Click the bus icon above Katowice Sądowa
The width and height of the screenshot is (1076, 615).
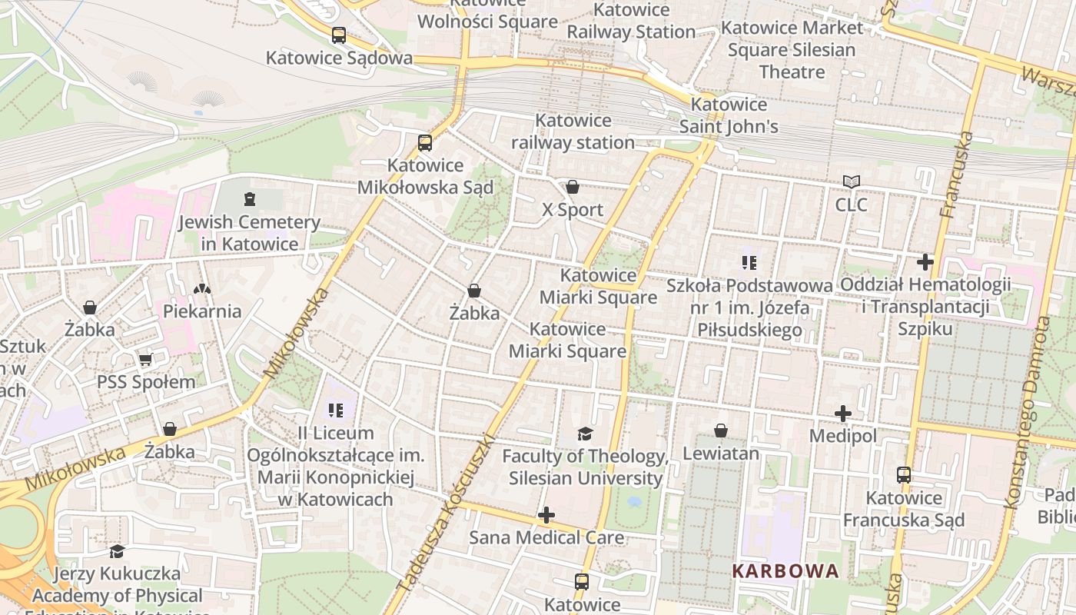pyautogui.click(x=339, y=35)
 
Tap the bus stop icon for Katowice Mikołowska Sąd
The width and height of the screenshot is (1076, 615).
pyautogui.click(x=425, y=143)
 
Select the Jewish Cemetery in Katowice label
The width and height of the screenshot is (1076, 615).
pyautogui.click(x=249, y=233)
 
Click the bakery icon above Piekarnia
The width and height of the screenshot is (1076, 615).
pyautogui.click(x=202, y=289)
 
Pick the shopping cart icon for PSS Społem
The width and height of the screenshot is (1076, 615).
pyautogui.click(x=145, y=360)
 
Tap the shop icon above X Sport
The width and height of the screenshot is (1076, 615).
pyautogui.click(x=572, y=187)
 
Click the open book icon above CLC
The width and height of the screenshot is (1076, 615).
pyautogui.click(x=851, y=182)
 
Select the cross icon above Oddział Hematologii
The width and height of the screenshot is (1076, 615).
pyautogui.click(x=925, y=262)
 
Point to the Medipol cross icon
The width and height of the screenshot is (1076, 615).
pyautogui.click(x=843, y=414)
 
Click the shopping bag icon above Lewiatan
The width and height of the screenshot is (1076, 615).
pyautogui.click(x=721, y=430)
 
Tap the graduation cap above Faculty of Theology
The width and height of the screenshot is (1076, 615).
pyautogui.click(x=585, y=434)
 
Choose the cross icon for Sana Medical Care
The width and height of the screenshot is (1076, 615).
pyautogui.click(x=546, y=514)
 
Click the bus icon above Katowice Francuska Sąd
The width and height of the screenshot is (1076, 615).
pyautogui.click(x=904, y=475)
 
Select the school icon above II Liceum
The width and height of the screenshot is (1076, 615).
pyautogui.click(x=336, y=411)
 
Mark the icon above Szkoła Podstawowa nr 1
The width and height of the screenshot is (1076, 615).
pyautogui.click(x=749, y=263)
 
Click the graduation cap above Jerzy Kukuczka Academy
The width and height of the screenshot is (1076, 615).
pyautogui.click(x=117, y=551)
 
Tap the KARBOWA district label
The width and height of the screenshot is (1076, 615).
pyautogui.click(x=785, y=571)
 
